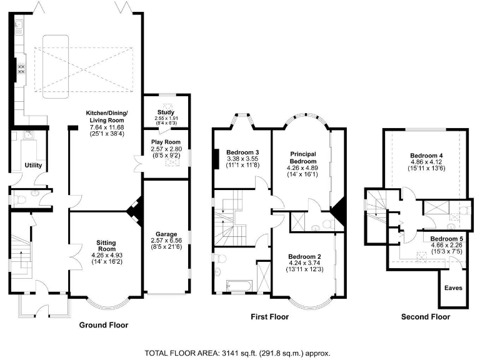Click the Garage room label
click(x=166, y=234)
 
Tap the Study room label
click(x=166, y=112)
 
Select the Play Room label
click(x=166, y=142)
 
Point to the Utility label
click(x=33, y=165)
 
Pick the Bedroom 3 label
click(x=242, y=152)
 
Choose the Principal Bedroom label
click(x=303, y=157)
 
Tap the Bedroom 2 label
click(x=304, y=256)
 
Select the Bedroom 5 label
click(x=447, y=239)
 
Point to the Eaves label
click(x=453, y=288)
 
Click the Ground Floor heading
click(x=104, y=325)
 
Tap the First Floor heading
click(x=270, y=316)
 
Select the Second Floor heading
click(x=426, y=317)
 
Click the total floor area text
click(x=237, y=353)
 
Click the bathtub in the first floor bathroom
click(x=239, y=286)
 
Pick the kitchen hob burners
click(x=21, y=69)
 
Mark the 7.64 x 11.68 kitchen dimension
click(x=107, y=127)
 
